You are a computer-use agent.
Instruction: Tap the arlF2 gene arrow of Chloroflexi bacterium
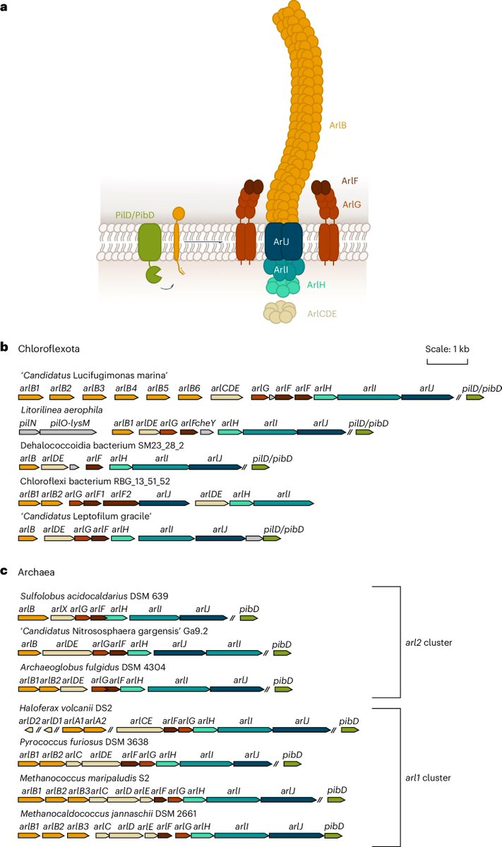click(120, 503)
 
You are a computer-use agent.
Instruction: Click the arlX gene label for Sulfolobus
click(59, 608)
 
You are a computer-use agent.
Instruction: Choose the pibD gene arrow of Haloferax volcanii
click(350, 730)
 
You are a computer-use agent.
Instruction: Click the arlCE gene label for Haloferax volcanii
click(142, 720)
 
